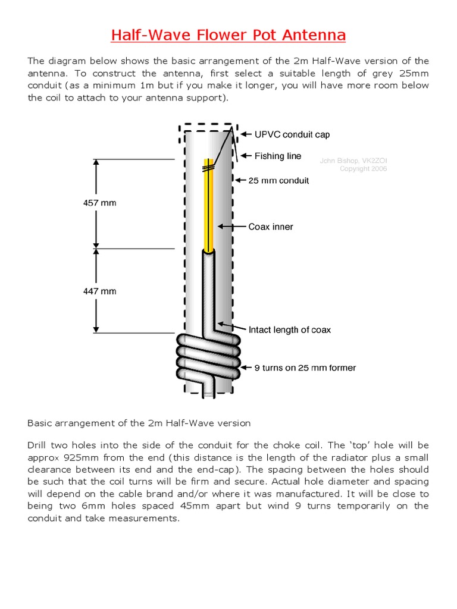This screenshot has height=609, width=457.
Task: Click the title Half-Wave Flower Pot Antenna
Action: [x=228, y=35]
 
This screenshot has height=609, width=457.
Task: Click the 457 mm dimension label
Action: [x=99, y=203]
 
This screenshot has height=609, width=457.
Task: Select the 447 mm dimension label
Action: [x=99, y=291]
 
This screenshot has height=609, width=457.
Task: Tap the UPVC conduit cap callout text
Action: [x=292, y=134]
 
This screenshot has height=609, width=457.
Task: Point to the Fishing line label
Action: [x=278, y=156]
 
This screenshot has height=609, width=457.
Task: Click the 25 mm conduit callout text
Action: [x=278, y=180]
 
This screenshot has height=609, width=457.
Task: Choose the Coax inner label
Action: [x=270, y=227]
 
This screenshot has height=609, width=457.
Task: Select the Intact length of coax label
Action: [x=289, y=329]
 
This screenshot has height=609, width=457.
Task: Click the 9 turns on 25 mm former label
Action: [x=305, y=368]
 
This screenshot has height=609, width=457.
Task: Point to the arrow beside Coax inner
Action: [x=232, y=227]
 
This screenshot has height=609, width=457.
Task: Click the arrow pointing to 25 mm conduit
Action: [x=240, y=180]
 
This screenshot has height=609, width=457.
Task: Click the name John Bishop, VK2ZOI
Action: [x=353, y=161]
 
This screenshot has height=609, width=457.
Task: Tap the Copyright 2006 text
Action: [x=363, y=169]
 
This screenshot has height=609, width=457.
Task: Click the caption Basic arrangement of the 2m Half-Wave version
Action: [x=139, y=423]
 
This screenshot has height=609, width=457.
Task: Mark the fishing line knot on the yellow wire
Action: [x=208, y=169]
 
